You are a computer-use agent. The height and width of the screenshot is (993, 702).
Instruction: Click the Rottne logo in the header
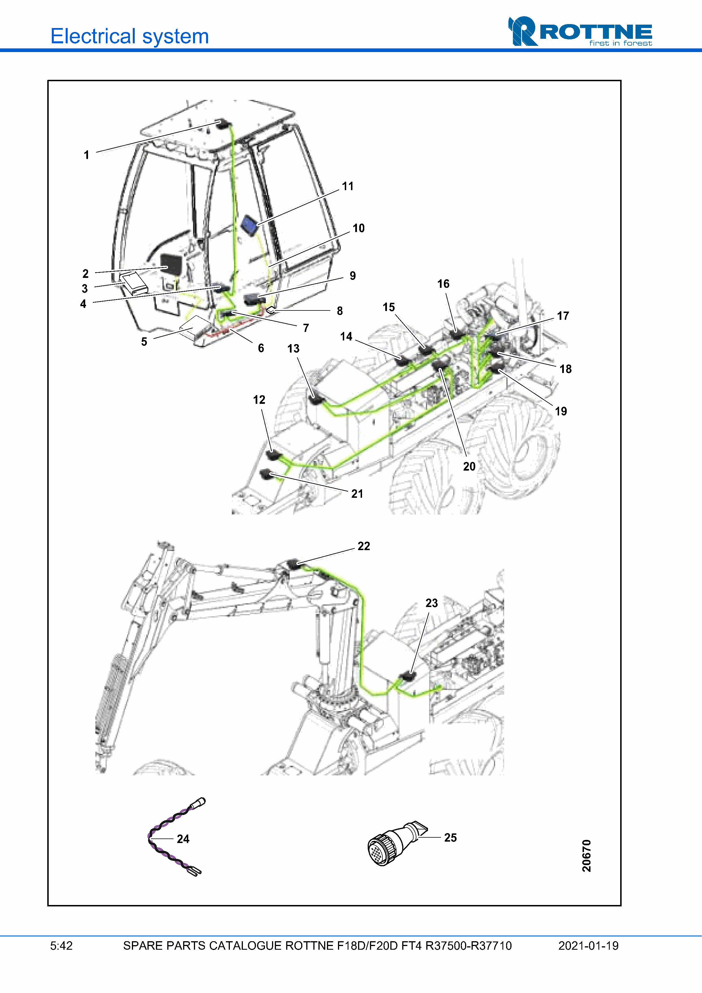tap(580, 31)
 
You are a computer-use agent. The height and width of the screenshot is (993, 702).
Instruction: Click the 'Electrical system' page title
tap(129, 36)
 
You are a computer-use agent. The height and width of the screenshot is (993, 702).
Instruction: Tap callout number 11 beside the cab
tap(348, 186)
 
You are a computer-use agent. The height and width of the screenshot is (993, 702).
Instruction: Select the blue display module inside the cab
tap(249, 224)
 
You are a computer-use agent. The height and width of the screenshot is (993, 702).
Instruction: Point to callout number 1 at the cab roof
tap(87, 155)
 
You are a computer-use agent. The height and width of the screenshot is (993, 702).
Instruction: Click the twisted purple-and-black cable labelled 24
tap(173, 837)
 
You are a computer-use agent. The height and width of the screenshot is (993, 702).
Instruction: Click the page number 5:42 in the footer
tap(61, 946)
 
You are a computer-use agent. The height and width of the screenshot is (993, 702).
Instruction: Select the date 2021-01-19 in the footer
tap(588, 946)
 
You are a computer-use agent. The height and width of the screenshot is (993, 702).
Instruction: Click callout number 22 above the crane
tap(364, 546)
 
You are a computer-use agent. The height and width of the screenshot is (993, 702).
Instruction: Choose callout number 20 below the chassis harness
tap(469, 466)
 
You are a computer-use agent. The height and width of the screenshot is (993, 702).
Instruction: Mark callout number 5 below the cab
tap(144, 342)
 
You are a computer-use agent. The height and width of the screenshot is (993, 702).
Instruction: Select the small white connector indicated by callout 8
tap(271, 310)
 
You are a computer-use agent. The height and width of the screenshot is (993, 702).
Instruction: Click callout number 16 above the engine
tap(443, 284)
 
